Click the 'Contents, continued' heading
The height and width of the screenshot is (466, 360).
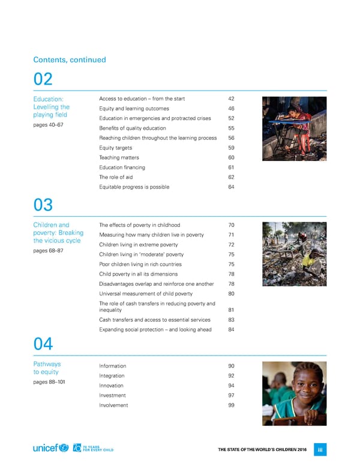[x=70, y=59]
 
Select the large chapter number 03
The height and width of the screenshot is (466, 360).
[x=44, y=205]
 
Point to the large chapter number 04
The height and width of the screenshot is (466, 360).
[x=44, y=344]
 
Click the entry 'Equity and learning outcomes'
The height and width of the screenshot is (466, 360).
[x=134, y=109]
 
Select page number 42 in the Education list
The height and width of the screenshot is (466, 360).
[x=232, y=98]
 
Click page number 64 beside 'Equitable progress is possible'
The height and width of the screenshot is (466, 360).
[x=232, y=187]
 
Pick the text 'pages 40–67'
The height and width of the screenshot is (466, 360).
[x=48, y=125]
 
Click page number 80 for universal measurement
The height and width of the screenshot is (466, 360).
[x=232, y=294]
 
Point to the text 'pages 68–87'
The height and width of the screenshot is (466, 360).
[x=48, y=250]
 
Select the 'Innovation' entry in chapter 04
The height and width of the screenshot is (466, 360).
[x=112, y=386]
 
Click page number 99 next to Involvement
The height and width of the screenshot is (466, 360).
[x=232, y=405]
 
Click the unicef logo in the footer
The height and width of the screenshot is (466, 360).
[x=51, y=449]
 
